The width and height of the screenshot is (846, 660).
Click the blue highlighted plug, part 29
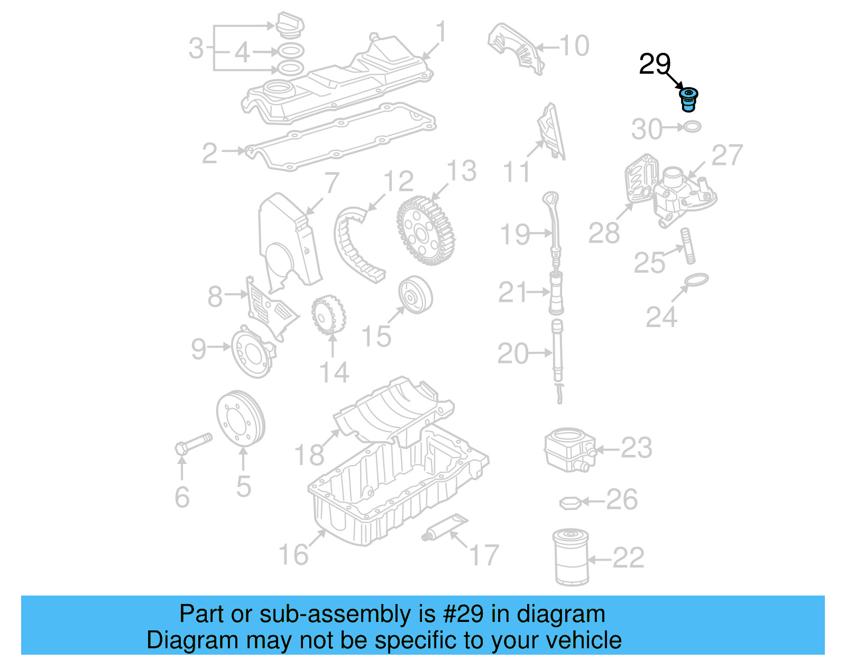pos(688,100)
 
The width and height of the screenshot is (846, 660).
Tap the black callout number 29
pos(655,64)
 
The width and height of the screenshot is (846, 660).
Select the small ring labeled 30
pos(693,127)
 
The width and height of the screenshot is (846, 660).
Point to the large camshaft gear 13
pos(426,231)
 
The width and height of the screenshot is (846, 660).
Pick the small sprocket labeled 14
pos(328,315)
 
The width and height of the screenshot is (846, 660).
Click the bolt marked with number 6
pos(194,443)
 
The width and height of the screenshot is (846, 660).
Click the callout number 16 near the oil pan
pos(293,554)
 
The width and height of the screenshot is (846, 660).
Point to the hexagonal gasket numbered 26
pos(571,503)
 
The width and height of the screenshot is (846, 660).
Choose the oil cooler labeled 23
pos(569,450)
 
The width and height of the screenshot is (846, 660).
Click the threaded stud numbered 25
pos(688,246)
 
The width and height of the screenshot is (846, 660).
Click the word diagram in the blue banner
pos(560,615)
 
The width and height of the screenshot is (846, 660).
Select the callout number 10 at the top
pos(574,46)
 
